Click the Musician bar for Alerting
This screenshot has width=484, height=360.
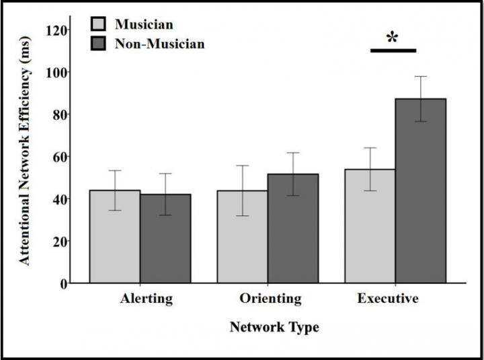(115, 237)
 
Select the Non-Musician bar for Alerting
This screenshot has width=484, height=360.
(165, 239)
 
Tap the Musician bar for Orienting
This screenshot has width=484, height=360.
(242, 237)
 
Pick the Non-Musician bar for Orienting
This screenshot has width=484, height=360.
(292, 229)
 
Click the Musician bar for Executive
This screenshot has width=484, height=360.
(370, 226)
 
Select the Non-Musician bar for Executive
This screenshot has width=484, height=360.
(420, 191)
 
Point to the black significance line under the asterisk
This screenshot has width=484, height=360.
(393, 50)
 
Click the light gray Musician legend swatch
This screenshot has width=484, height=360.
(99, 25)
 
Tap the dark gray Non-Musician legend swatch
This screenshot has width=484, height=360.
(99, 44)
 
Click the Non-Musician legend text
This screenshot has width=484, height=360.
(159, 44)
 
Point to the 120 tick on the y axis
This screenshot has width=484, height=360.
(67, 30)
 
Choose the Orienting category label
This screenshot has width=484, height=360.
(270, 299)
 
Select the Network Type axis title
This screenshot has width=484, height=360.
(274, 328)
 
